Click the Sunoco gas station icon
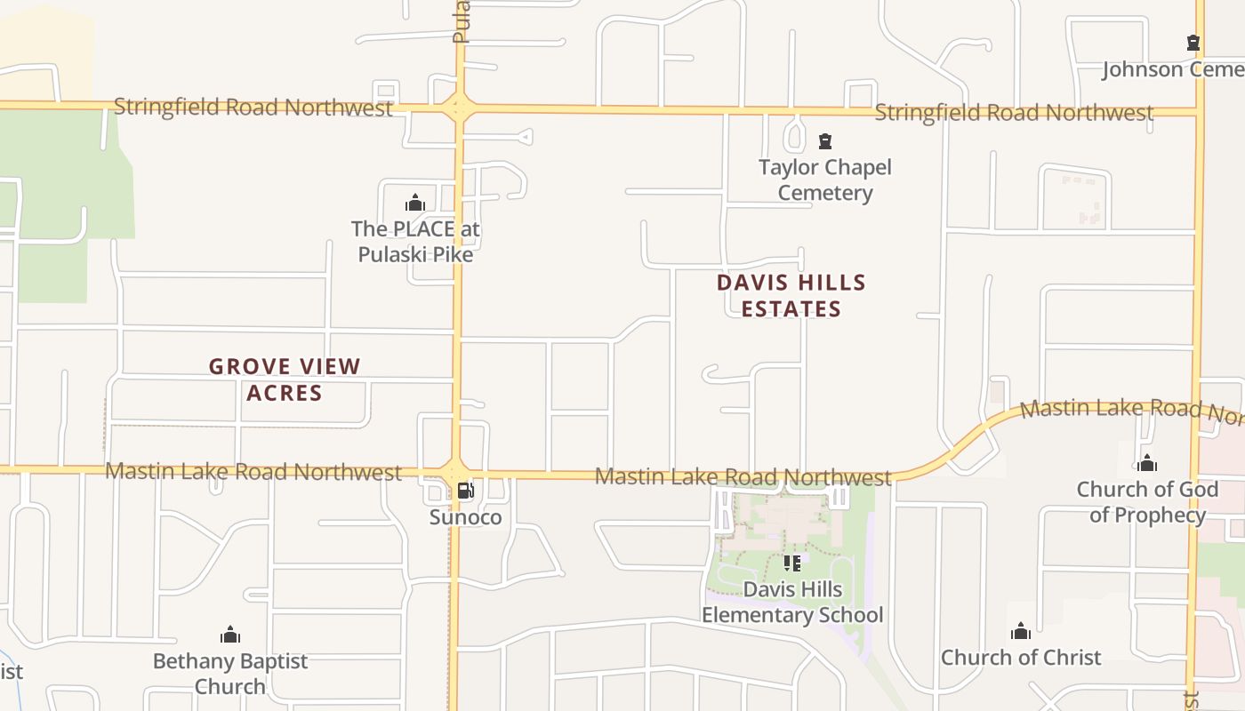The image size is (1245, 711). (465, 491)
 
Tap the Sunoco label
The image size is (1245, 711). (465, 517)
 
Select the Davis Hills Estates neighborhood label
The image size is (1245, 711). (791, 295)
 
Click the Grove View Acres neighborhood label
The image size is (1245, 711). (285, 379)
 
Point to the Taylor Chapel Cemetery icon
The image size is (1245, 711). (825, 141)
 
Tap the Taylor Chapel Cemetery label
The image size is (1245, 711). (825, 180)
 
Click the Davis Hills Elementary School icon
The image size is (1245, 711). (791, 563)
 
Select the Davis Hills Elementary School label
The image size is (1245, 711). (791, 602)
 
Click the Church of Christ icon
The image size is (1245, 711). (1021, 632)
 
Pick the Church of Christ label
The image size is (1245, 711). (1021, 658)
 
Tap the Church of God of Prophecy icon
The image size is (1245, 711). (1147, 463)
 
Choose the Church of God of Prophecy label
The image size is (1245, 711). (1147, 502)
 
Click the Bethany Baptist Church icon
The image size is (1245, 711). (230, 635)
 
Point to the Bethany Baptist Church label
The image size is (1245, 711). (230, 674)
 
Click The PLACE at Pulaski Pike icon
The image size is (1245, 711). (415, 203)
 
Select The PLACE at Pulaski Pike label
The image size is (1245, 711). (415, 242)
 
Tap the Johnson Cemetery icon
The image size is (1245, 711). (1193, 43)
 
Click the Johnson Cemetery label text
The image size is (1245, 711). (1172, 69)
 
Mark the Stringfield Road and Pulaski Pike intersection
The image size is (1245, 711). (459, 108)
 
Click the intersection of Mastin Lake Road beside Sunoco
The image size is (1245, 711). (455, 471)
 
